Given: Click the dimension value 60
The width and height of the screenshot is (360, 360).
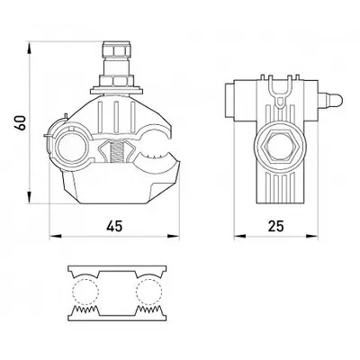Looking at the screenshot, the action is tap(21, 122).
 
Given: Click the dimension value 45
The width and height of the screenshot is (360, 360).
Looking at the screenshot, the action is tap(114, 226).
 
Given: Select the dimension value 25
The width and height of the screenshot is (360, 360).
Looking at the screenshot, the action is tap(275, 226).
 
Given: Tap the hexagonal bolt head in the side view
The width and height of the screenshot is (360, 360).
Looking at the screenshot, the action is tap(275, 147).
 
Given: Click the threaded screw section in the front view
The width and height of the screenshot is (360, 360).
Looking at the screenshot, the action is tap(115, 152).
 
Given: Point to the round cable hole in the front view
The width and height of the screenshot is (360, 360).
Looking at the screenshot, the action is tap(71, 146).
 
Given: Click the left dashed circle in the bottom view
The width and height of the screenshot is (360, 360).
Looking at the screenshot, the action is tap(85, 291).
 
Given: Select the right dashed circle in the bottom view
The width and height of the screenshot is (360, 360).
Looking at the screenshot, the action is tap(149, 291).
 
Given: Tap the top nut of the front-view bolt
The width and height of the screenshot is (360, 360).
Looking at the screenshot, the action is tap(117, 49).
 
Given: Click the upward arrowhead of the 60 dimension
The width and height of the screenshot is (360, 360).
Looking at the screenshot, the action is tap(29, 49).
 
